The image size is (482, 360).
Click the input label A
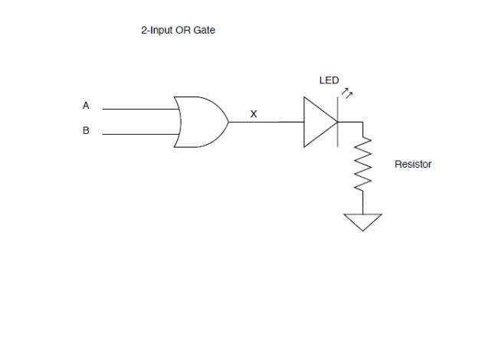(x=86, y=106)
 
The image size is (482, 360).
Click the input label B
(x=86, y=131)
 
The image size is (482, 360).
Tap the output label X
(x=254, y=115)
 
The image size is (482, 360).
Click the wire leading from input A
(x=138, y=110)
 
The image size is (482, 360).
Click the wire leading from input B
(x=138, y=134)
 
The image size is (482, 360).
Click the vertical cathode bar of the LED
(x=338, y=123)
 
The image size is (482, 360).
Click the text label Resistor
(x=413, y=164)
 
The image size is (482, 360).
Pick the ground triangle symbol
(x=362, y=221)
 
